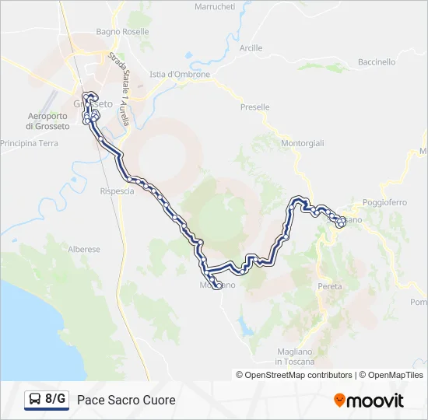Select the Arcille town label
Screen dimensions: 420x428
pos(251,48)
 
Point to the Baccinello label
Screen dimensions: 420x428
pos(377,62)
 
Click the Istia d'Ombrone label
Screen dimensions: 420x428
pos(180,75)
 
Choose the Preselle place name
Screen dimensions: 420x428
pos(255,107)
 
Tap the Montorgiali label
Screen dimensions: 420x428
pos(303,144)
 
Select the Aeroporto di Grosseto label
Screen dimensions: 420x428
pos(48,121)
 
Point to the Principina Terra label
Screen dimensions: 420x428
pos(30,144)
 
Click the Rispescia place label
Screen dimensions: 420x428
pos(118,191)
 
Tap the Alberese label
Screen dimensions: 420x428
pos(84,250)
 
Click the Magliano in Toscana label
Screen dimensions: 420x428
pos(294,357)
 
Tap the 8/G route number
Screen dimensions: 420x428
pos(55,400)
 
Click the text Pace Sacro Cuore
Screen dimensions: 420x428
pos(126,400)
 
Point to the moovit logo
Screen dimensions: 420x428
pos(369,401)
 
